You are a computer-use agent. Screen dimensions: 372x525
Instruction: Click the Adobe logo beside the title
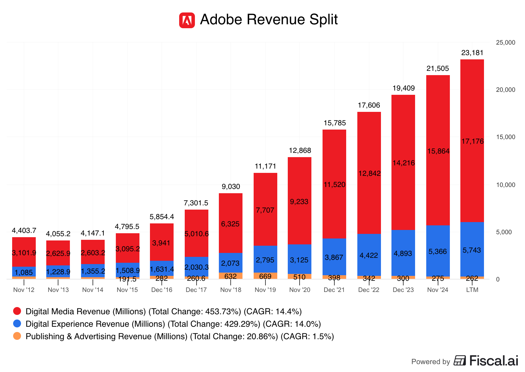187,20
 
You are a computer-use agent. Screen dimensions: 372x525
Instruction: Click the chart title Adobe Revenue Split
269,19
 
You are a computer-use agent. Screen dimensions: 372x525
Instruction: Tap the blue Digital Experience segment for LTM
472,250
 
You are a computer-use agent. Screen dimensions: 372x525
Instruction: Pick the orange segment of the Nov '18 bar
230,276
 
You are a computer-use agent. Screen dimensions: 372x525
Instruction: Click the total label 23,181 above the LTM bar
472,53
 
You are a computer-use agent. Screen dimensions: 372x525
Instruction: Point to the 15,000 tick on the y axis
506,137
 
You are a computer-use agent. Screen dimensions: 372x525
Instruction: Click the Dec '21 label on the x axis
334,290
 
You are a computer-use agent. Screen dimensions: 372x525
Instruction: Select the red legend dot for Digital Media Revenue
17,311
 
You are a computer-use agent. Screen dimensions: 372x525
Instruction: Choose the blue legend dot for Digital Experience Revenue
17,324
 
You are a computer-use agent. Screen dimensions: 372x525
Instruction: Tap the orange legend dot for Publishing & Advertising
17,336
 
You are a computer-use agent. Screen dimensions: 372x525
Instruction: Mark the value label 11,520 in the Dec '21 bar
334,185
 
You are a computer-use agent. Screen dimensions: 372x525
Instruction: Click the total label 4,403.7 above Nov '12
24,231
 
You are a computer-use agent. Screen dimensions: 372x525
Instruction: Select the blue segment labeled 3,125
299,260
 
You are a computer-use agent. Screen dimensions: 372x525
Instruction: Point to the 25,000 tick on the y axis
506,43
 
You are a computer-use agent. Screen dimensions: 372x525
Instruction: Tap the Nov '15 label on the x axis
127,290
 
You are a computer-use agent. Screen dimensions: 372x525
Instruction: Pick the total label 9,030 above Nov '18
231,187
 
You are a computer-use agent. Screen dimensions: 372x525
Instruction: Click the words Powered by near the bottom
430,362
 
